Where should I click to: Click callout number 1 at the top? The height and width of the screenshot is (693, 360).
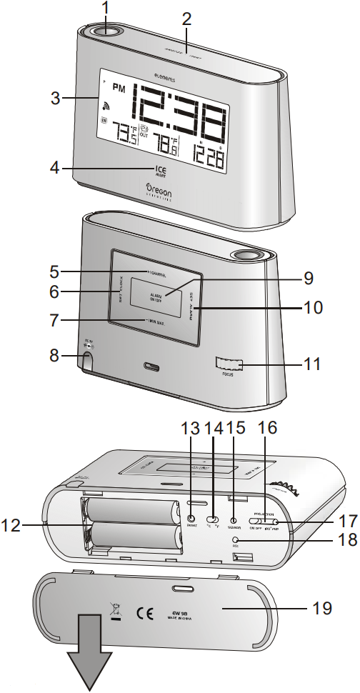tap(106, 10)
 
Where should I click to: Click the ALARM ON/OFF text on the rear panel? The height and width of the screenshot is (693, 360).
tap(156, 296)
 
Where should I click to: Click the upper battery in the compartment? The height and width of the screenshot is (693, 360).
tap(130, 512)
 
